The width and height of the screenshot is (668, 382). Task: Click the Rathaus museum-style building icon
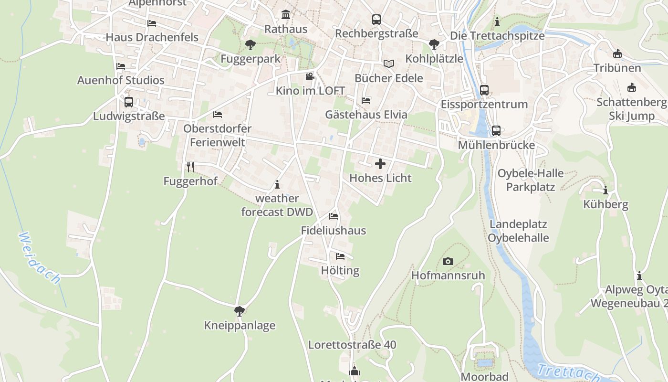[286, 15]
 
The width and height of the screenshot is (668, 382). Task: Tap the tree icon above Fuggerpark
[250, 45]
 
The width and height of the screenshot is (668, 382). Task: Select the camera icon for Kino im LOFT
[310, 76]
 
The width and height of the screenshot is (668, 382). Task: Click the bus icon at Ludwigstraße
[129, 102]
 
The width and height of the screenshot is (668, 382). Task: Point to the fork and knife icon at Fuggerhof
[190, 167]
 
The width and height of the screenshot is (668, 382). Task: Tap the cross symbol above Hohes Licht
[380, 164]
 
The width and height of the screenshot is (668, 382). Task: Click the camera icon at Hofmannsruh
[448, 261]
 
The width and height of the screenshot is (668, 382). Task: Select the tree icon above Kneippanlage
[240, 311]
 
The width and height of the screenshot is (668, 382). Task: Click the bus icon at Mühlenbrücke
[496, 130]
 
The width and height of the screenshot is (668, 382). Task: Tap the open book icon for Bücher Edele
[389, 64]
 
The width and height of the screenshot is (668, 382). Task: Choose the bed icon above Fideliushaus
[334, 216]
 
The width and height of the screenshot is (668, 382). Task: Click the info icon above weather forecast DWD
[277, 184]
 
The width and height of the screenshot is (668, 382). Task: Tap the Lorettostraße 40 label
[352, 345]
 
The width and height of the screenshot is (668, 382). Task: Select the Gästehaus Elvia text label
[366, 115]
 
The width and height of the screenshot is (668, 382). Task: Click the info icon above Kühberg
[605, 191]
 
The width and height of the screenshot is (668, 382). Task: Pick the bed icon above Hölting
[340, 256]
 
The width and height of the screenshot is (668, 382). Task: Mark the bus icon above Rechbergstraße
[376, 20]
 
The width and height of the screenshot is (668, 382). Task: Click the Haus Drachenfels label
[152, 37]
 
